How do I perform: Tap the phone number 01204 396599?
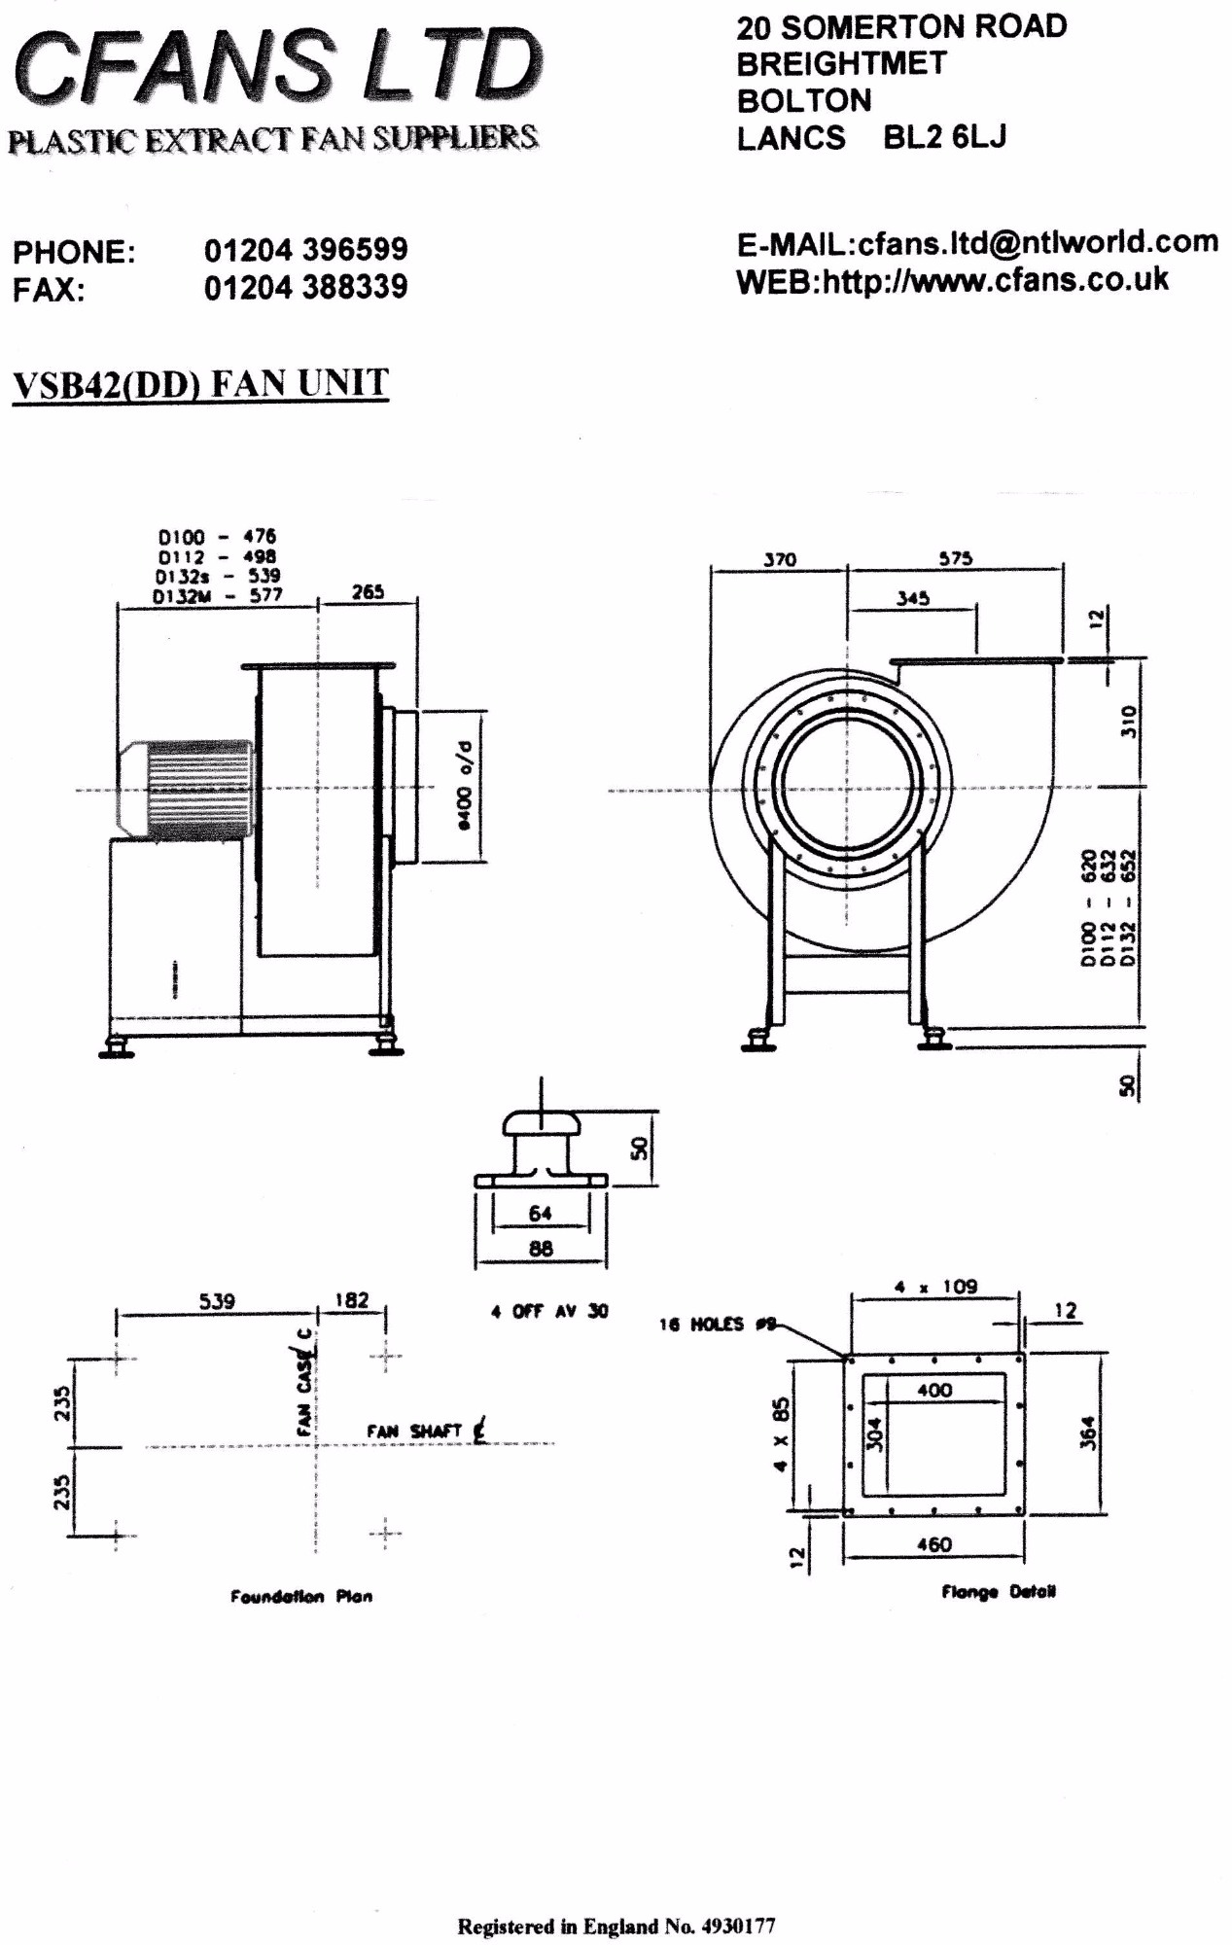(305, 250)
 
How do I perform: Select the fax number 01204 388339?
(305, 288)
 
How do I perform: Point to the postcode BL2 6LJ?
(944, 137)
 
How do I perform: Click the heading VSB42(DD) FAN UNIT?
(200, 383)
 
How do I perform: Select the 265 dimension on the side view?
(368, 591)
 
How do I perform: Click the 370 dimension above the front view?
(779, 559)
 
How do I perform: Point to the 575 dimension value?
(956, 558)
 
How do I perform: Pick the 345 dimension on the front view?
(913, 598)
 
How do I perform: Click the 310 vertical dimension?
(1127, 722)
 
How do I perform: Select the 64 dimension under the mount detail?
(540, 1213)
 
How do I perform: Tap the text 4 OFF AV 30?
(549, 1312)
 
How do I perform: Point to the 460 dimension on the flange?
(933, 1544)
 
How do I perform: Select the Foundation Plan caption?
(301, 1596)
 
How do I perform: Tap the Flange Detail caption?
(998, 1592)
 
